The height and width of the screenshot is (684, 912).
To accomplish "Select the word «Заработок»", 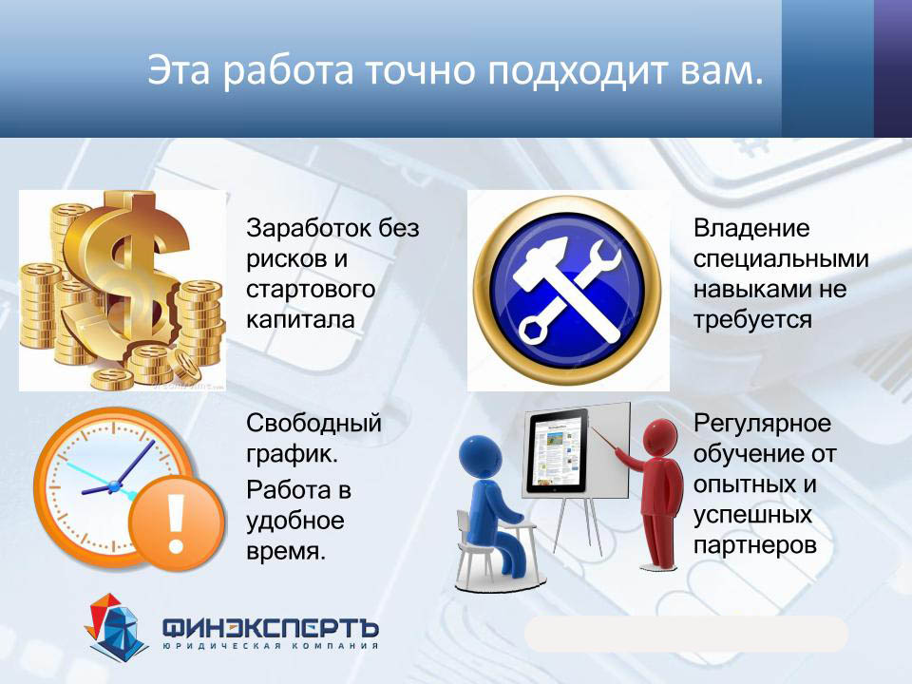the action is (308, 228).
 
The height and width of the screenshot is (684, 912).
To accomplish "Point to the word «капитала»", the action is (300, 319).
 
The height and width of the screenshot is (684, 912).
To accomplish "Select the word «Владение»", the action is (750, 228).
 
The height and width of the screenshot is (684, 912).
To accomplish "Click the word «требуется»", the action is (752, 320).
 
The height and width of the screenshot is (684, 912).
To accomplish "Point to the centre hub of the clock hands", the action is (113, 485).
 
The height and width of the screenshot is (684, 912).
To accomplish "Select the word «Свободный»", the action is (313, 423).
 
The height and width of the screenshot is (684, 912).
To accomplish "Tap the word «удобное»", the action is (294, 520).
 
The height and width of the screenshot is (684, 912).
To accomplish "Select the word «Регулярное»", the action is (762, 423).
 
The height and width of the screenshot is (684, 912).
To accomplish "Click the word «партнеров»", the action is (755, 545).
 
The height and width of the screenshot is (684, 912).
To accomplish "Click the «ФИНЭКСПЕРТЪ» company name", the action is (271, 628).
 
